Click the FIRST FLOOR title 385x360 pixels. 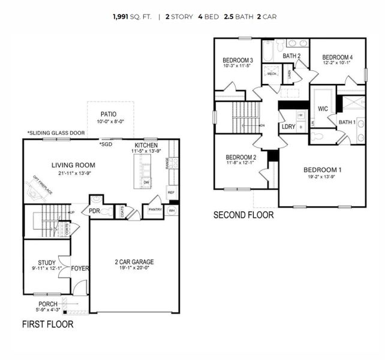pyautogui.click(x=47, y=325)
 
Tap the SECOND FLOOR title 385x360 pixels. pyautogui.click(x=243, y=214)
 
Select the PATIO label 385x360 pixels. pyautogui.click(x=109, y=114)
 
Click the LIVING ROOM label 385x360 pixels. pyautogui.click(x=73, y=165)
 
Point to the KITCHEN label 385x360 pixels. pyautogui.click(x=146, y=146)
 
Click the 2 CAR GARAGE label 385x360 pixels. pyautogui.click(x=134, y=262)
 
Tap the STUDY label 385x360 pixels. pyautogui.click(x=47, y=262)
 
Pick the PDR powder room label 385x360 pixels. pyautogui.click(x=94, y=211)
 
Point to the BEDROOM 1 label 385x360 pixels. pyautogui.click(x=323, y=169)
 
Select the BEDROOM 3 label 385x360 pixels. pyautogui.click(x=237, y=60)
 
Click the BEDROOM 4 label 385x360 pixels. pyautogui.click(x=336, y=57)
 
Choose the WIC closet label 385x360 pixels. pyautogui.click(x=323, y=109)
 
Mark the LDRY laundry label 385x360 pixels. pyautogui.click(x=288, y=127)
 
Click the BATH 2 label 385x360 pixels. pyautogui.click(x=291, y=56)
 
